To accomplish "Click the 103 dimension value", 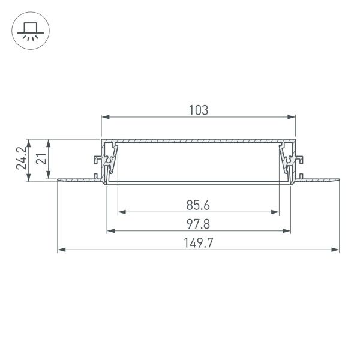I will point(198,110).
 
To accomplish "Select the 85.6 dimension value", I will point(198,205).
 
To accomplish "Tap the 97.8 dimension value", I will point(198,224).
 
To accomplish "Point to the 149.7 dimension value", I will point(198,243).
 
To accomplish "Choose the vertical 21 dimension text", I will point(40,158).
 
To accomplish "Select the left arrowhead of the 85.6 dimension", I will point(121,212).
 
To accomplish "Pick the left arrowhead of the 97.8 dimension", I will point(110,230).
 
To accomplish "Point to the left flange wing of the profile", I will point(78,179).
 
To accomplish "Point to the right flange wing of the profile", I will point(319,179).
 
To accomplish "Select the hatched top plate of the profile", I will point(198,141).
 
